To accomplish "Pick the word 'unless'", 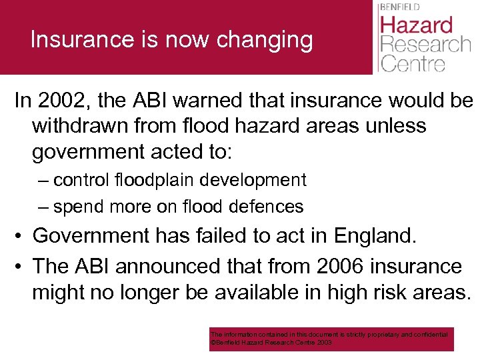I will [394, 126].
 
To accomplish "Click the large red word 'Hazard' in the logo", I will [416, 26].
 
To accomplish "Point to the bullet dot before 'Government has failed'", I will [19, 236].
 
